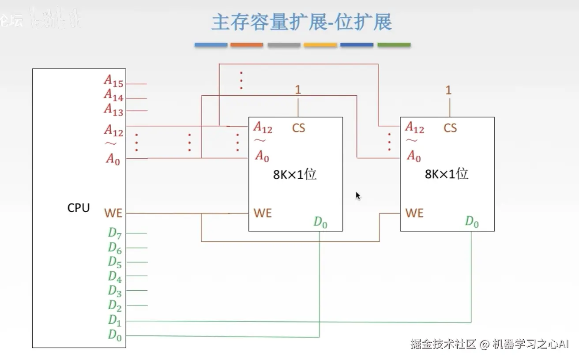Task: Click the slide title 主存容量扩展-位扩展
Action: tap(301, 22)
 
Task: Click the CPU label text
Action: tap(79, 208)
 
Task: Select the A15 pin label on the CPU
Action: tap(113, 81)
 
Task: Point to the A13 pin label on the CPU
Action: tap(113, 109)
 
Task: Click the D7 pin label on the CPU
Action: tap(115, 233)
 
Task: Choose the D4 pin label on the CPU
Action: tap(115, 277)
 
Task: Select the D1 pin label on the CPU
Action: tap(115, 320)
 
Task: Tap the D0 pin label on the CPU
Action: tap(115, 335)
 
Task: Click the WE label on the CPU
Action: tap(113, 213)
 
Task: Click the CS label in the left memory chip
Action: tap(298, 128)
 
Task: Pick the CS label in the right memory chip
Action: tap(450, 128)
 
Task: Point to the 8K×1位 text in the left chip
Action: tap(295, 174)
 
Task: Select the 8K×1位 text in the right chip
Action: tap(447, 174)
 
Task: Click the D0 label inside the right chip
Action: tap(472, 222)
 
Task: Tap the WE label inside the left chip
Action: tap(263, 213)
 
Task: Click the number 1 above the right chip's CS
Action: tap(448, 90)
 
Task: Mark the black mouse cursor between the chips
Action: tap(358, 196)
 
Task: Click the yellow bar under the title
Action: tap(320, 45)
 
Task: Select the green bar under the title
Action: tap(394, 45)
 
